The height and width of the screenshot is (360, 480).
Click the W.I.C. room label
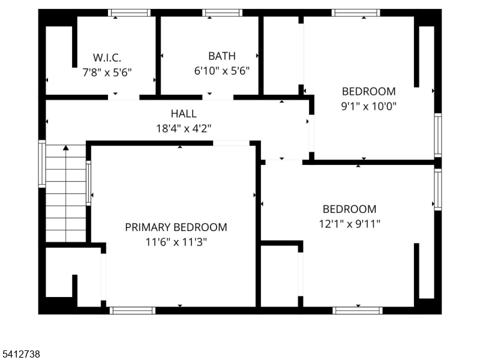pos(107,58)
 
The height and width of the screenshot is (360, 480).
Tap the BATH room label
pos(221,56)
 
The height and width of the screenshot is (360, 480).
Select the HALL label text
pos(183,113)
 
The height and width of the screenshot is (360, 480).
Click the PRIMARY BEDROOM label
pos(176,227)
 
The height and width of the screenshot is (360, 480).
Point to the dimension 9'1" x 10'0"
pos(368,106)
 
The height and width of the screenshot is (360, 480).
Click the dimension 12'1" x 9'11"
pos(350,223)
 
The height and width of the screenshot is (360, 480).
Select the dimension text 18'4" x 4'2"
pos(183,128)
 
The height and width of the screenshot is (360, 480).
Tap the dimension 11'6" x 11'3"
pos(176,242)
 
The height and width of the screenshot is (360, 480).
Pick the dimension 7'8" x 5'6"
pos(107,71)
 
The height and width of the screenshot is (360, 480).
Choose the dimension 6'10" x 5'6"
pos(221,70)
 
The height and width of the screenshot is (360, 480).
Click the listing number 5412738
pos(20,355)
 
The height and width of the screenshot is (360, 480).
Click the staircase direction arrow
pos(66,147)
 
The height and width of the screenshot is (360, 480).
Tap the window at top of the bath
pos(222,13)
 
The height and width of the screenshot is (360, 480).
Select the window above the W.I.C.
pos(129,13)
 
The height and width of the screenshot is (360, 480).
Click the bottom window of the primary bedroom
pos(133,310)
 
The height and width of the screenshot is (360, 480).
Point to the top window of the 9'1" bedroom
pos(356,13)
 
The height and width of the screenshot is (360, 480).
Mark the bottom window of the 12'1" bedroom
pos(357,310)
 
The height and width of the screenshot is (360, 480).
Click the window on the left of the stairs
pos(42,164)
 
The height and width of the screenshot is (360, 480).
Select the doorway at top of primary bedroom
pos(231,143)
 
